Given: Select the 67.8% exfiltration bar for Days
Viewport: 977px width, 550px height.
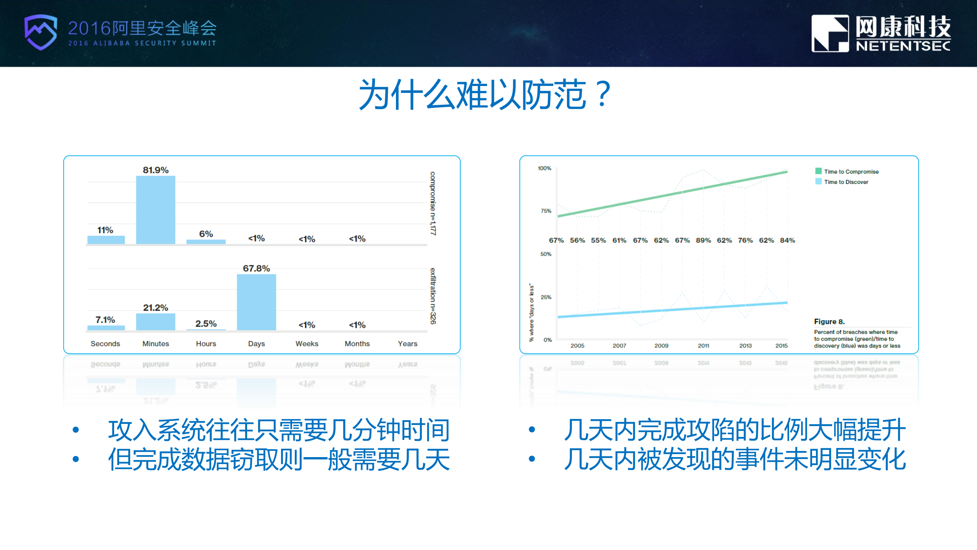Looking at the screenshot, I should point(256,302).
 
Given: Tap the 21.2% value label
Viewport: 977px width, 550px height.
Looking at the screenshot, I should point(155,308).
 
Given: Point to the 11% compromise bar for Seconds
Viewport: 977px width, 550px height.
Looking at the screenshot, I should point(106,240).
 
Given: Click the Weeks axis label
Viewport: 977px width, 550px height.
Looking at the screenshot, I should point(307,344).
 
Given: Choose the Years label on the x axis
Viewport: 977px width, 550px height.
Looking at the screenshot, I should point(407,344).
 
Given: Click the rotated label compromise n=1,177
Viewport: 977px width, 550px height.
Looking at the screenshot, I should point(433,203).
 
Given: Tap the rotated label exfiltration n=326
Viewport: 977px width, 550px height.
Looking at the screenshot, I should point(433,296).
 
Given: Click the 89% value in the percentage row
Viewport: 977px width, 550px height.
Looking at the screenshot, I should point(703,240).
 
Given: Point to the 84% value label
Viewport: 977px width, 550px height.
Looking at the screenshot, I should point(787,240).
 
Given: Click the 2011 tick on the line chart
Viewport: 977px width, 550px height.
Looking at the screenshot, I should point(703,346).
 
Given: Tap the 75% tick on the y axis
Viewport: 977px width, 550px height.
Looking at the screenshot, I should point(546,211).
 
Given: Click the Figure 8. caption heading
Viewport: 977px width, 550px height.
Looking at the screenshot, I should point(829,321).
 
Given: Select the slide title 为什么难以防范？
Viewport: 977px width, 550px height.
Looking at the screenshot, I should point(485,95).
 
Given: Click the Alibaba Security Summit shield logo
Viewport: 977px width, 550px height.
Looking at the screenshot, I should point(40,32).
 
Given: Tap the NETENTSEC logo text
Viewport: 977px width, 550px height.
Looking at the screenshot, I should point(903,46).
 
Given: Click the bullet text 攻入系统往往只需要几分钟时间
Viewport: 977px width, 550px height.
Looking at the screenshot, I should point(279,430).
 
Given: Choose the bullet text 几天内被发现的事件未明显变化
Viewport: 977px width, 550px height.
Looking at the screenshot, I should point(735,459).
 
